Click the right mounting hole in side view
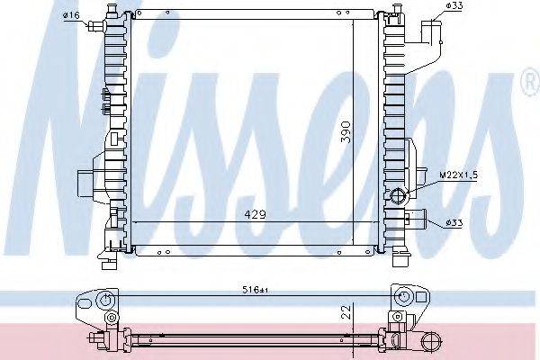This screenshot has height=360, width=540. click(403, 298)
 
